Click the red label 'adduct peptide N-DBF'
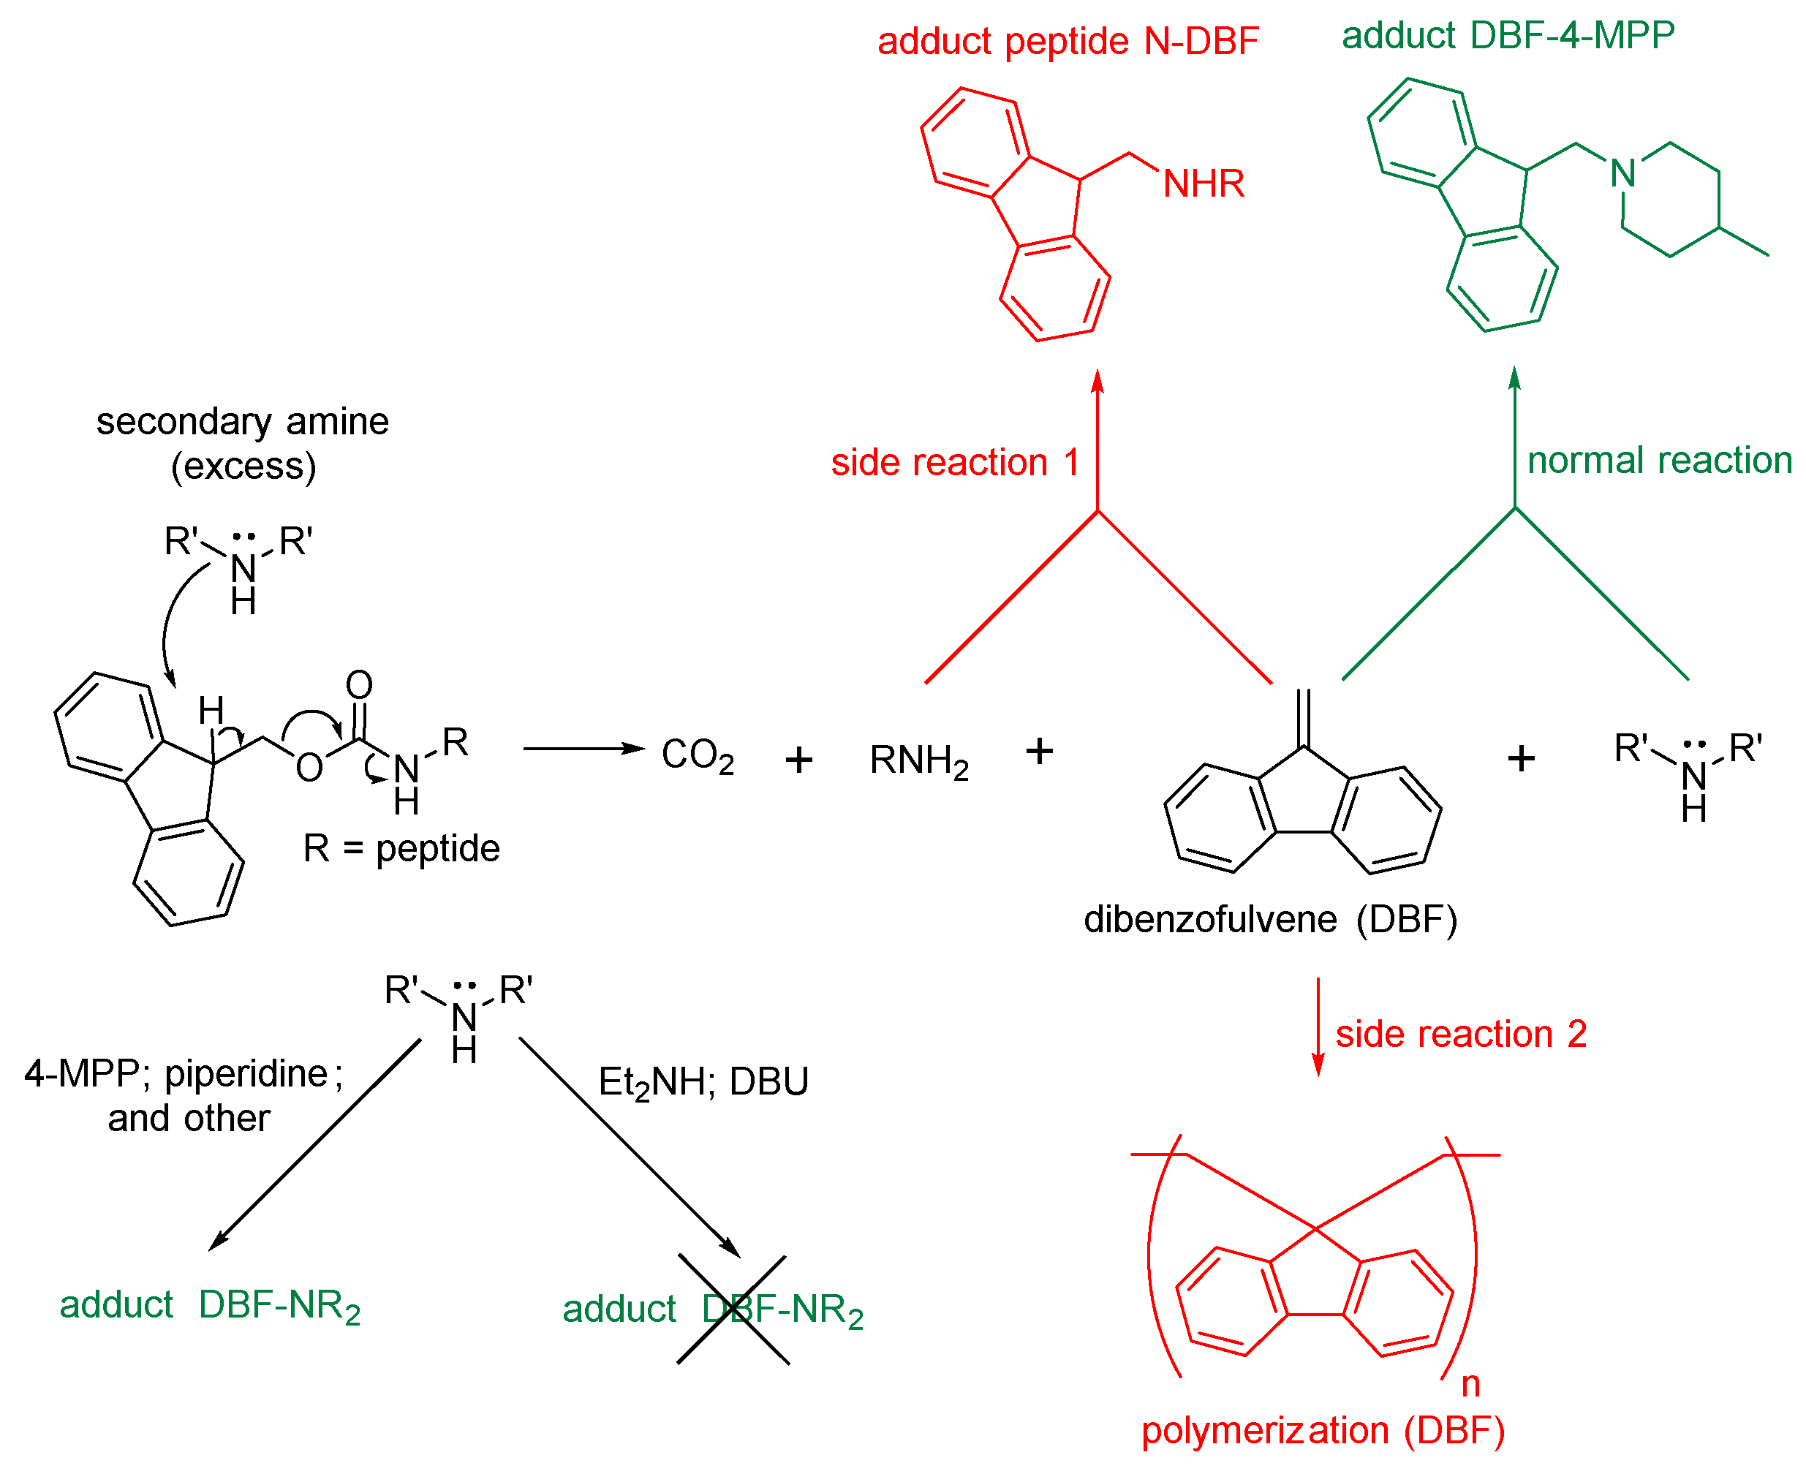click(1068, 42)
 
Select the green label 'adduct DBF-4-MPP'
click(1507, 37)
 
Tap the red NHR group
click(1204, 184)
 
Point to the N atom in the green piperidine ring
click(1622, 174)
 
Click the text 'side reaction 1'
click(954, 463)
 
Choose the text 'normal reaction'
click(1659, 460)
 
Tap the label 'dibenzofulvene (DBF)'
click(1270, 920)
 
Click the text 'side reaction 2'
click(1460, 1034)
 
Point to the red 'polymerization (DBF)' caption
click(1322, 1431)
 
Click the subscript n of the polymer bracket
click(1470, 1385)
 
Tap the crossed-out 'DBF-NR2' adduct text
click(781, 1310)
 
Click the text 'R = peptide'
click(401, 848)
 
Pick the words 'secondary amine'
click(242, 422)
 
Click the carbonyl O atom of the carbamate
click(359, 685)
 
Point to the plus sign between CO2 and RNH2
click(798, 759)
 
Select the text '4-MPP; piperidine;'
click(184, 1074)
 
